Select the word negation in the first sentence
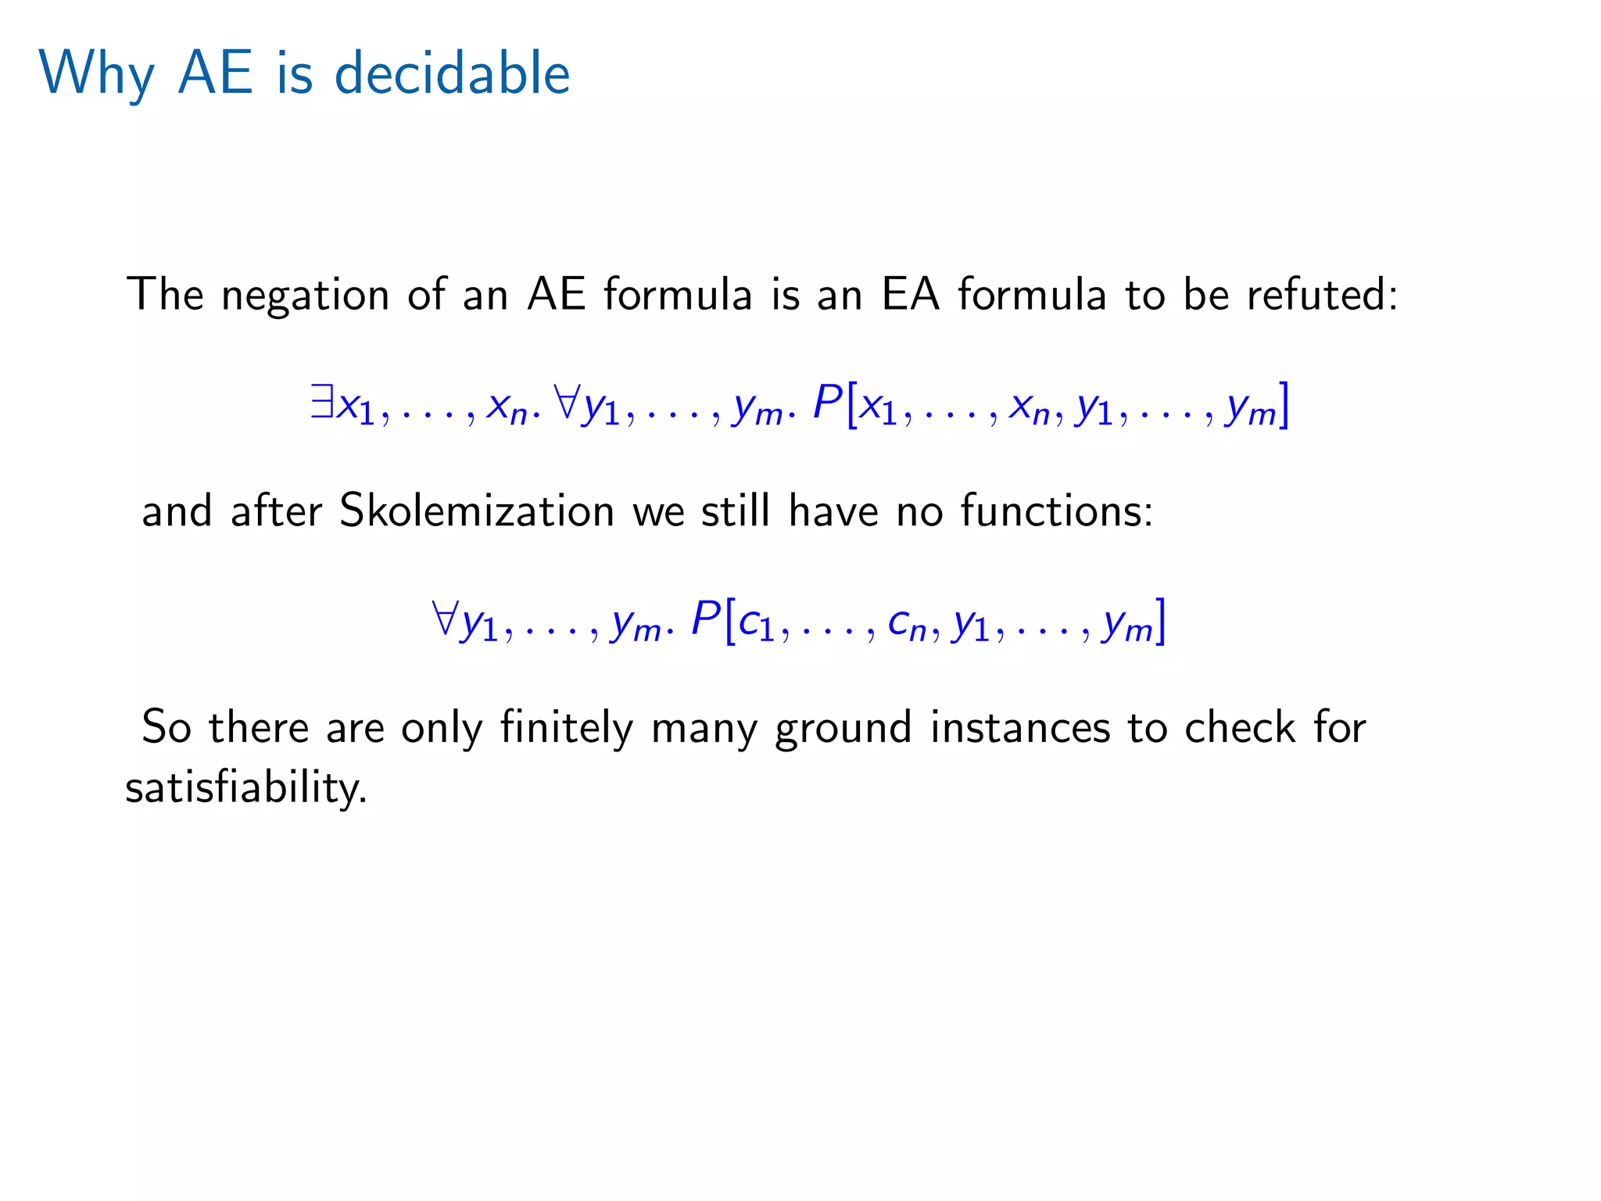pos(305,296)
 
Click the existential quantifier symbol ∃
pos(321,403)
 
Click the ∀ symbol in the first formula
pos(565,403)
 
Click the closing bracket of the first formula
pos(1282,405)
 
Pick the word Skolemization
pos(477,512)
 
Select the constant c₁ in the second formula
pos(756,623)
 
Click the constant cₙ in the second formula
pos(907,623)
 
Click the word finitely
pos(566,728)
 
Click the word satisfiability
pos(245,788)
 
